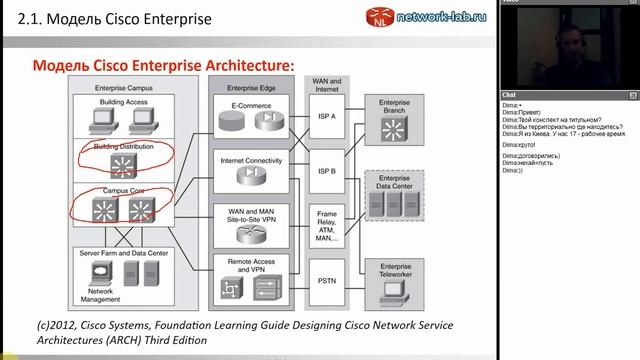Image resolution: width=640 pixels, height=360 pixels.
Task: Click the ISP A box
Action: pos(327,116)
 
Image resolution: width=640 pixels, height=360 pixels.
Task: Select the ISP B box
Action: pos(327,169)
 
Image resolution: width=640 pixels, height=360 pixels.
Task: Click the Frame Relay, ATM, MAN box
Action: pos(327,226)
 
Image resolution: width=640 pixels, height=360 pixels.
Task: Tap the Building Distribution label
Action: pos(123,147)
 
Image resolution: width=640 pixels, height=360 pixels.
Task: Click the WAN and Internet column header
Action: pos(327,85)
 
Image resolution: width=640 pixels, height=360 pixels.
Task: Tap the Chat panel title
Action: pos(509,95)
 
